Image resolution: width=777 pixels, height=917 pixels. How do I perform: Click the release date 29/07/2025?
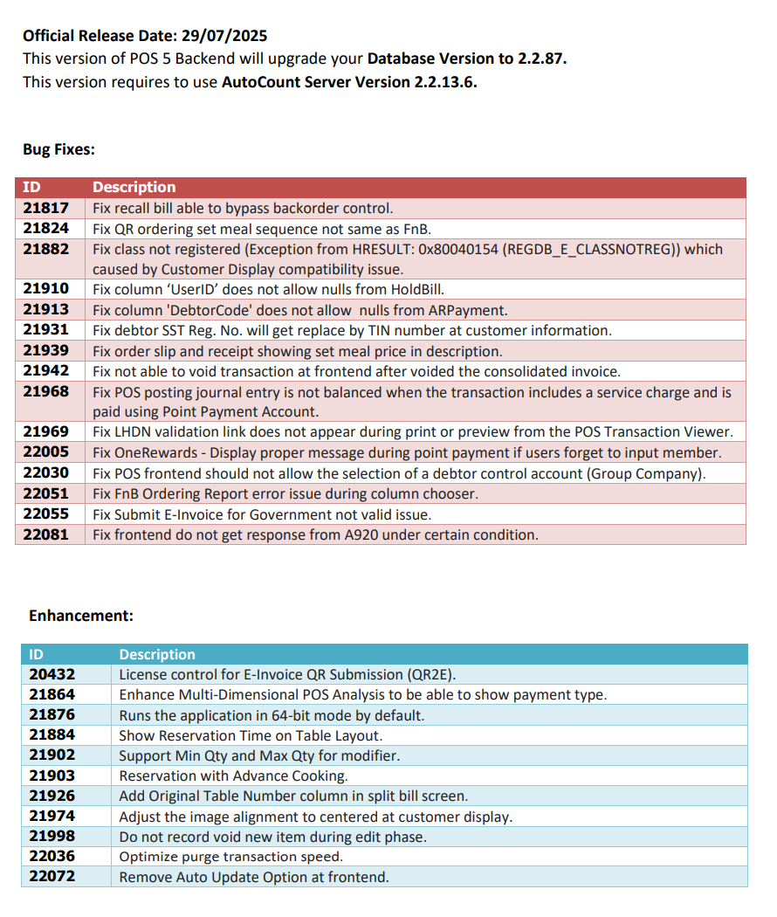(x=224, y=36)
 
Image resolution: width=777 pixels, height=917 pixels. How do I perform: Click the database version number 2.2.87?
(x=542, y=59)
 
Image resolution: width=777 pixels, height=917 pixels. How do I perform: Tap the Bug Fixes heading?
(x=58, y=149)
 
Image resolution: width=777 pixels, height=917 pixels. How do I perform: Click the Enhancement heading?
(x=81, y=616)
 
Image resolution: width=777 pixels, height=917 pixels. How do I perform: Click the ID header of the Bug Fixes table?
(x=31, y=187)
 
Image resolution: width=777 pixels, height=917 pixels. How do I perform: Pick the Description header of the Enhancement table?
(x=157, y=654)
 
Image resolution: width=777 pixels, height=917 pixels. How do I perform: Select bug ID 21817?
(x=45, y=208)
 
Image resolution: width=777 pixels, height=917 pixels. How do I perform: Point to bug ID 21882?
(x=45, y=249)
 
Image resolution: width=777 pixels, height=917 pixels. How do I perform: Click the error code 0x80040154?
(x=466, y=249)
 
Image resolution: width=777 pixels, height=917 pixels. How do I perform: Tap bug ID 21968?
(x=45, y=392)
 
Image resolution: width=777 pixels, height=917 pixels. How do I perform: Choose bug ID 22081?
(x=45, y=534)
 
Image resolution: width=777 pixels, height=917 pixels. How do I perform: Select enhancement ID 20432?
(x=52, y=674)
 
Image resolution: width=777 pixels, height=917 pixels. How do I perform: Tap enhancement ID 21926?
(x=52, y=796)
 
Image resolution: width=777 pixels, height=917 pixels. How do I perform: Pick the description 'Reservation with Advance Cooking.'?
(x=233, y=776)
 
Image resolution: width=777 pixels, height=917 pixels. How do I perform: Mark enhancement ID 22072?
(x=52, y=877)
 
